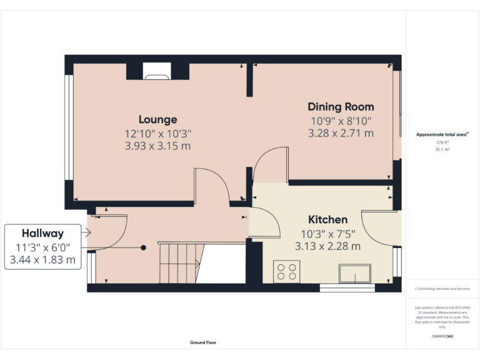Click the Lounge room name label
tap(157, 119)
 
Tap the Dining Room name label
tap(341, 107)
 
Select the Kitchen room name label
tap(327, 219)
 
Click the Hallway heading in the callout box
tap(43, 234)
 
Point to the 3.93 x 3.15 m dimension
tap(157, 146)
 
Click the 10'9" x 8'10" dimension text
tap(341, 121)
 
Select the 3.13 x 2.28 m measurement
tap(327, 246)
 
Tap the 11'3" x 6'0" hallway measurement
tap(43, 247)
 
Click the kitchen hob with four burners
tap(286, 271)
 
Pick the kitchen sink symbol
tap(356, 274)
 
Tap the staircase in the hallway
tap(181, 262)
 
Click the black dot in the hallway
tap(143, 247)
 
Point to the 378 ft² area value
tap(442, 142)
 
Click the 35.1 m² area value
tap(442, 149)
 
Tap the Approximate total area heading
tap(441, 134)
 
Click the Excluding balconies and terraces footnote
tap(442, 289)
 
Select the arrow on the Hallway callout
tap(87, 234)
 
